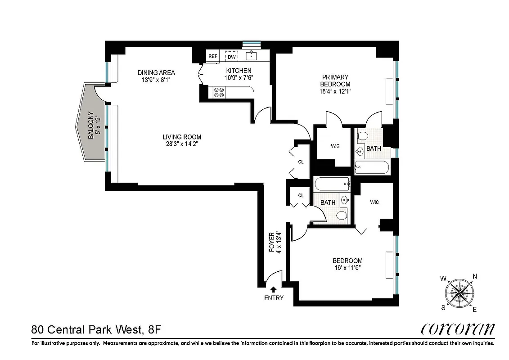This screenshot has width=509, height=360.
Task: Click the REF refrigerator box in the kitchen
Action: coord(212,56)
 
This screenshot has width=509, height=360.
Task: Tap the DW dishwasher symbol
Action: coord(232,57)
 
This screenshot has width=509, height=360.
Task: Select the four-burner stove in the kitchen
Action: coord(219,92)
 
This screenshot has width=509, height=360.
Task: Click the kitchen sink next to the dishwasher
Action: coord(251,56)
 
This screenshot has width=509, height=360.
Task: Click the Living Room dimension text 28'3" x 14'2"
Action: coord(182,144)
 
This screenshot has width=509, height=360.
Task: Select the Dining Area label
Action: coord(156,72)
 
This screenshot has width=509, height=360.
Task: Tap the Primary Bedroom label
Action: coord(335,81)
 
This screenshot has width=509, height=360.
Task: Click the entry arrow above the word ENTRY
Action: coord(273,290)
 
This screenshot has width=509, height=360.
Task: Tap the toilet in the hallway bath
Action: coord(342,216)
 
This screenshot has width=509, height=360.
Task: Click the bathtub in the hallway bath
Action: coord(332,184)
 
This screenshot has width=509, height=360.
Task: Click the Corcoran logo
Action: coord(458,329)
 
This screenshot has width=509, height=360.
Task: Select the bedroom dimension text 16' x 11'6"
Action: coord(347,267)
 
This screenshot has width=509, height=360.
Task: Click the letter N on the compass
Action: coord(474,277)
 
